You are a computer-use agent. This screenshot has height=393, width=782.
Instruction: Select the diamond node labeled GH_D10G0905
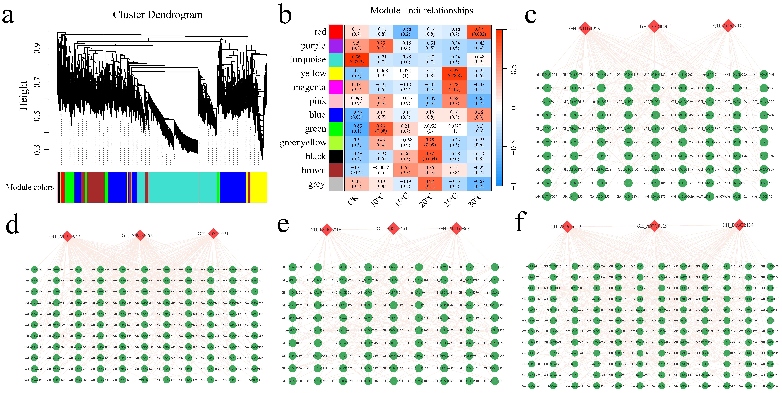(654, 26)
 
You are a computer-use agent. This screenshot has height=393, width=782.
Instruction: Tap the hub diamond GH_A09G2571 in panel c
(728, 26)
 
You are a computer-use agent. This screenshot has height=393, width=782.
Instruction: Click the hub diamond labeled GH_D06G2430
(739, 225)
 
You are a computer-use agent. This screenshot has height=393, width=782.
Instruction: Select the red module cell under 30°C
(479, 32)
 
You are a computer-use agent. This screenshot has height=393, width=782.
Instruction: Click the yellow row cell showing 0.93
(454, 73)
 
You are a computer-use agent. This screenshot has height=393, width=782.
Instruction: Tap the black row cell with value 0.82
(430, 156)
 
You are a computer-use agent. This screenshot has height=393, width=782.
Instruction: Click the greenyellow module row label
(303, 143)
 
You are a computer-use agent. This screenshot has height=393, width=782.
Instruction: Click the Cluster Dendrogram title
(158, 15)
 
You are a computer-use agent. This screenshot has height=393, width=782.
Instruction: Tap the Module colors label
(30, 187)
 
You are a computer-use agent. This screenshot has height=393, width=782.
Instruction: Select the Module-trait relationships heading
(421, 11)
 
